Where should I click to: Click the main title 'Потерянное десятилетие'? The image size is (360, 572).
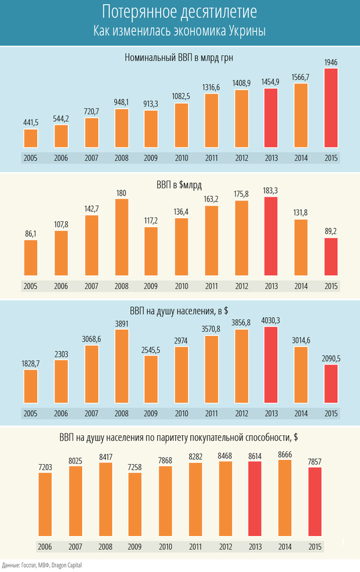pyautogui.click(x=179, y=12)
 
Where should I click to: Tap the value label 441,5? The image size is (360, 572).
pyautogui.click(x=31, y=122)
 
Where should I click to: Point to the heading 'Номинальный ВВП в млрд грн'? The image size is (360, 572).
pyautogui.click(x=179, y=58)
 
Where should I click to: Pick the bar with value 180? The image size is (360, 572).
pyautogui.click(x=122, y=237)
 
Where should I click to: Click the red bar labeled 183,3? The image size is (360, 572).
pyautogui.click(x=271, y=236)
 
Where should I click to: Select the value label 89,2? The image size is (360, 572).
pyautogui.click(x=331, y=231)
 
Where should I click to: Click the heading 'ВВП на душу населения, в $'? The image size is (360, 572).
pyautogui.click(x=179, y=311)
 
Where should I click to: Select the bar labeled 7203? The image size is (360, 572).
pyautogui.click(x=46, y=504)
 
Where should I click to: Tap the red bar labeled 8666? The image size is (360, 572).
pyautogui.click(x=286, y=500)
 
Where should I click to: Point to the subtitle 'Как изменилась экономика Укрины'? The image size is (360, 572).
pyautogui.click(x=179, y=31)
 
